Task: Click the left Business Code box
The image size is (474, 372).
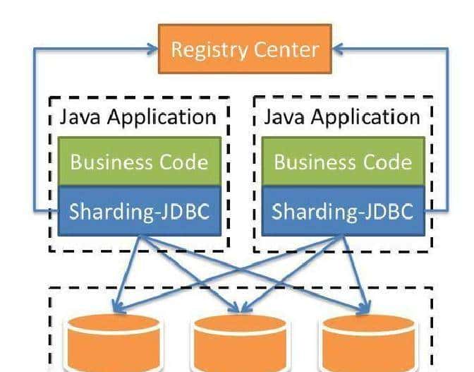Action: [140, 162]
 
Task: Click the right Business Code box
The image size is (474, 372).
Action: [343, 162]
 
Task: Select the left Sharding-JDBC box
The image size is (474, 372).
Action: [140, 211]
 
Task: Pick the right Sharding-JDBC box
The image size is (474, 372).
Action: [343, 211]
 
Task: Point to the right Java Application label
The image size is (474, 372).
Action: [342, 116]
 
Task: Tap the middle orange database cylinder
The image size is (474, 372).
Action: [240, 342]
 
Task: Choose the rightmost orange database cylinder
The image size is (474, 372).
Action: [367, 342]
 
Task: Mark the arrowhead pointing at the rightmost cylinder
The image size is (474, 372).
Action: [365, 308]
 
